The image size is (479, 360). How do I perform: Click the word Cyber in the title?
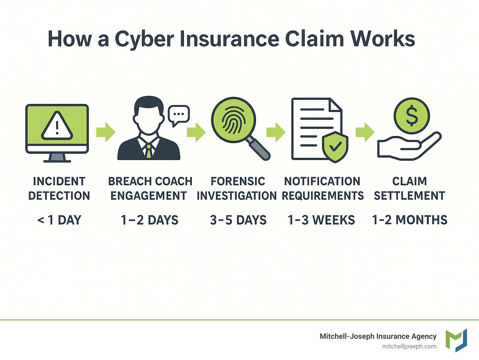tap(144, 39)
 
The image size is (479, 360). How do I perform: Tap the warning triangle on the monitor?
tap(57, 126)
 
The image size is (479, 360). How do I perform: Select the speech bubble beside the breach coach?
tap(178, 114)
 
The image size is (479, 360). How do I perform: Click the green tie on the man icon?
tap(149, 151)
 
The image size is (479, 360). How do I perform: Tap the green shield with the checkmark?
tap(335, 146)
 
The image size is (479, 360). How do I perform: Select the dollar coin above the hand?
tap(412, 116)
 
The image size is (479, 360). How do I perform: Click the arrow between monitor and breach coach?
tap(106, 132)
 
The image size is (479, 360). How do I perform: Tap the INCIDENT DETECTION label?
tap(59, 188)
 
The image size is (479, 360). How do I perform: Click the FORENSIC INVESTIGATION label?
tap(237, 188)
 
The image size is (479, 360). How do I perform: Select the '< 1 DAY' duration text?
tap(59, 220)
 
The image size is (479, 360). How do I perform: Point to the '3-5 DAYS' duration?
tap(238, 220)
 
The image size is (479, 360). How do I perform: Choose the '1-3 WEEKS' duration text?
tap(321, 220)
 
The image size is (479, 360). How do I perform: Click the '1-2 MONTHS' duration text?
tap(409, 220)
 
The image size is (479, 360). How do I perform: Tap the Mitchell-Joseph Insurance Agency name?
tap(378, 336)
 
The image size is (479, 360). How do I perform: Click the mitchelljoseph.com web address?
tap(409, 347)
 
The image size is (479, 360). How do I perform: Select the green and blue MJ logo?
tap(456, 340)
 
